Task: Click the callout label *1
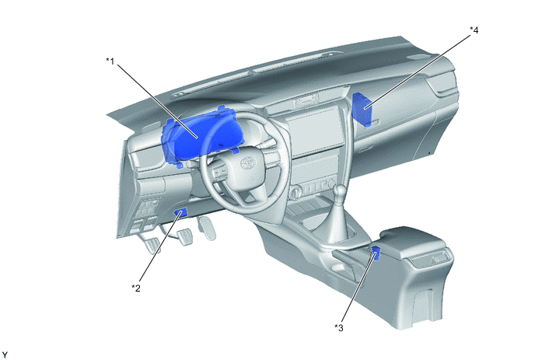pyautogui.click(x=110, y=61)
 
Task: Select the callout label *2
pyautogui.click(x=136, y=288)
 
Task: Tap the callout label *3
pyautogui.click(x=339, y=327)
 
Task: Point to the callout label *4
pyautogui.click(x=474, y=30)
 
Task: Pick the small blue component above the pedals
pyautogui.click(x=181, y=212)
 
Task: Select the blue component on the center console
pyautogui.click(x=376, y=253)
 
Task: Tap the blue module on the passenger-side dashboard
pyautogui.click(x=362, y=109)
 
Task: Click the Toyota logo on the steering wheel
pyautogui.click(x=248, y=163)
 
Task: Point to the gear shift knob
pyautogui.click(x=340, y=194)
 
